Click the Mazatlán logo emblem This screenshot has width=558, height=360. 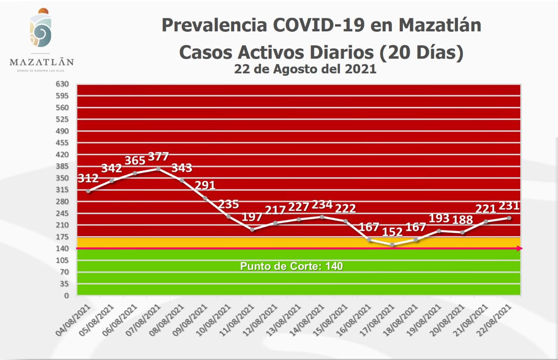(x=41, y=29)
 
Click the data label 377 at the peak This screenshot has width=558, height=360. (x=158, y=156)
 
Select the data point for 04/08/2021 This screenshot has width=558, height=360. (x=88, y=191)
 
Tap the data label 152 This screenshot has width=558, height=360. (x=392, y=232)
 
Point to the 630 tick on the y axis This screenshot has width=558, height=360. (x=63, y=84)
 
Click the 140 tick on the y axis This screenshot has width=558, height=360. (x=63, y=248)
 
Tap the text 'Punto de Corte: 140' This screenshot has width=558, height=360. (x=292, y=266)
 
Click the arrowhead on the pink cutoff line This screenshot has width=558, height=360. (x=519, y=248)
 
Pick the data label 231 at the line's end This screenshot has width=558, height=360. (x=509, y=206)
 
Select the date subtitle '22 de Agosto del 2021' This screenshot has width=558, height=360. (x=305, y=69)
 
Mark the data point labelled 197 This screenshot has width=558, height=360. (x=252, y=229)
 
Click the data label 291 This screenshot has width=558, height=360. (x=205, y=185)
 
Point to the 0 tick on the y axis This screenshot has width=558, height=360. (x=67, y=295)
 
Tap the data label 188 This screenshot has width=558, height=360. (x=462, y=220)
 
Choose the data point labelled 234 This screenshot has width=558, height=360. (x=322, y=217)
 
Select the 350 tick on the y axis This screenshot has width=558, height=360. (x=63, y=178)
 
